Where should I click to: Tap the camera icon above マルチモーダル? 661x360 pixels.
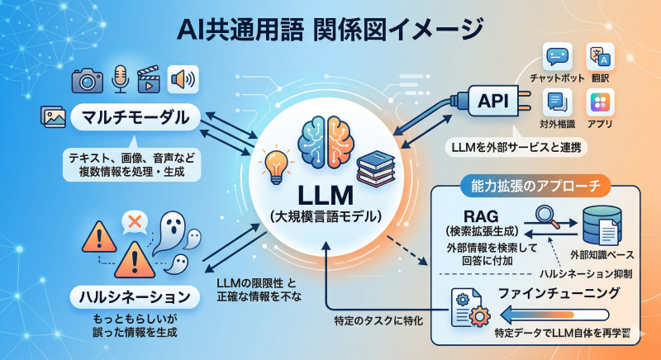coord(87,79)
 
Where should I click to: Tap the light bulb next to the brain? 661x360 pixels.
coord(273,163)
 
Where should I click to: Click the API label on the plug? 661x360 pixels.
coord(493,103)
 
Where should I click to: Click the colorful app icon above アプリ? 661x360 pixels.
coord(600,102)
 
